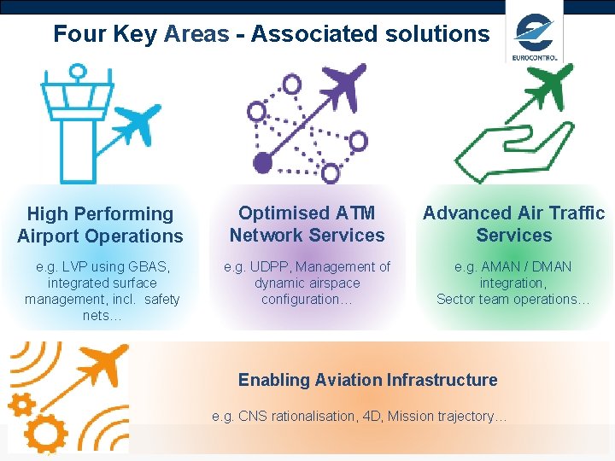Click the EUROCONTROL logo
pyautogui.click(x=535, y=38)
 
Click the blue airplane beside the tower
pyautogui.click(x=136, y=125)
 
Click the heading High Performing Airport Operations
pyautogui.click(x=100, y=225)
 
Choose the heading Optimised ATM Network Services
pyautogui.click(x=307, y=225)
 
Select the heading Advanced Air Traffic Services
pyautogui.click(x=513, y=225)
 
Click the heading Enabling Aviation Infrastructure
pyautogui.click(x=367, y=380)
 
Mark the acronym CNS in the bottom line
pyautogui.click(x=254, y=417)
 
